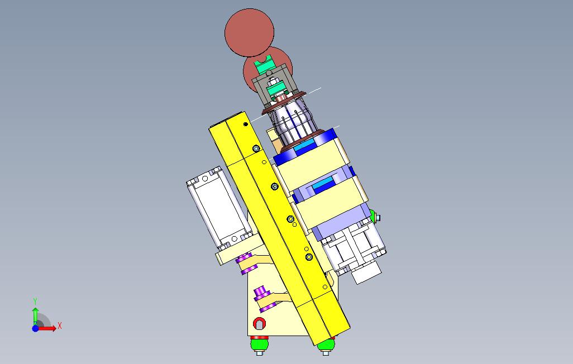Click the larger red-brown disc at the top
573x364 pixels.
249,32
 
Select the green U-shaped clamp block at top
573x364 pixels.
266,65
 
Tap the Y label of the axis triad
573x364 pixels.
35,301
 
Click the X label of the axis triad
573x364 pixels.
60,325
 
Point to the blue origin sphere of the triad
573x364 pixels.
35,328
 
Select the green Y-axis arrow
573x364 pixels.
35,316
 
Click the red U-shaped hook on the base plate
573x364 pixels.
260,323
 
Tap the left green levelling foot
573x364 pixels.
260,344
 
